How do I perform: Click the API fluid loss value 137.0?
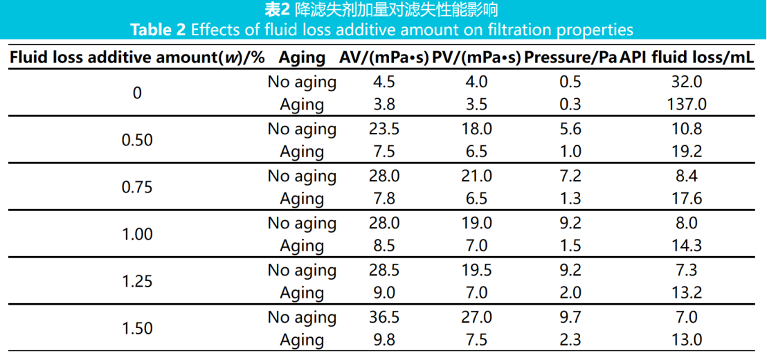click(688, 105)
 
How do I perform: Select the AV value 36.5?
click(383, 317)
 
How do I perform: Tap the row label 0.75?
click(137, 188)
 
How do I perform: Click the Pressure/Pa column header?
click(570, 57)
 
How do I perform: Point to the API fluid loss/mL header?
click(687, 57)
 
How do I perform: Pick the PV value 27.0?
click(476, 317)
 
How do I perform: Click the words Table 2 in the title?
click(159, 30)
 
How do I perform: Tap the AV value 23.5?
click(383, 129)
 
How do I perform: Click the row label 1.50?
click(137, 329)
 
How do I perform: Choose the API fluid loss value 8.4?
click(688, 176)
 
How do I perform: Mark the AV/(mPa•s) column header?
click(383, 57)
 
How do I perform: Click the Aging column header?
click(302, 57)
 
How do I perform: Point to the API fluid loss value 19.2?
click(688, 152)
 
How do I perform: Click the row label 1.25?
click(137, 282)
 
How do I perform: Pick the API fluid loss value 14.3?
click(688, 246)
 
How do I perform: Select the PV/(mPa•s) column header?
click(476, 57)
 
